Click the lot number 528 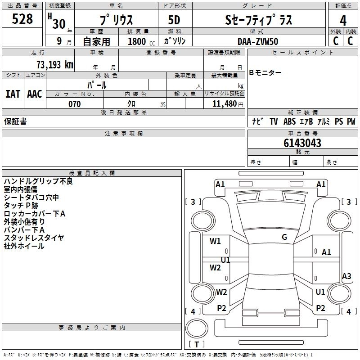[x=22, y=19]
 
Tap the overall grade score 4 [x=343, y=20]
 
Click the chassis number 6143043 [x=302, y=143]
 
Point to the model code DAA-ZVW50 [x=258, y=41]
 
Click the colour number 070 [x=75, y=104]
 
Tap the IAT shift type [x=13, y=94]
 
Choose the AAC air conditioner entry [x=35, y=94]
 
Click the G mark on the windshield [x=284, y=237]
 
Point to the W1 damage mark [x=216, y=241]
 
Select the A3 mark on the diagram [x=346, y=276]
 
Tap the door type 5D [x=174, y=21]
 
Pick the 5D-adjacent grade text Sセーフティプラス [x=258, y=21]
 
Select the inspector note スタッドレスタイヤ [x=34, y=238]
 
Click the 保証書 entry [x=15, y=121]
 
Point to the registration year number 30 [x=59, y=24]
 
